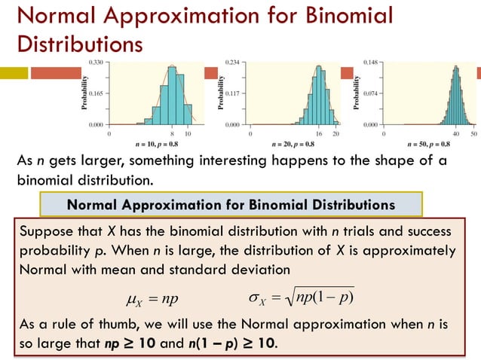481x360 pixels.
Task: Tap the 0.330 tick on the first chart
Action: click(x=96, y=61)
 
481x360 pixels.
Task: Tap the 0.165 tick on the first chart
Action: click(x=96, y=93)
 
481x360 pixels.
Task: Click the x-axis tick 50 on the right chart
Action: click(x=473, y=133)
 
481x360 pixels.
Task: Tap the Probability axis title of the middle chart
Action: click(x=221, y=93)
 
